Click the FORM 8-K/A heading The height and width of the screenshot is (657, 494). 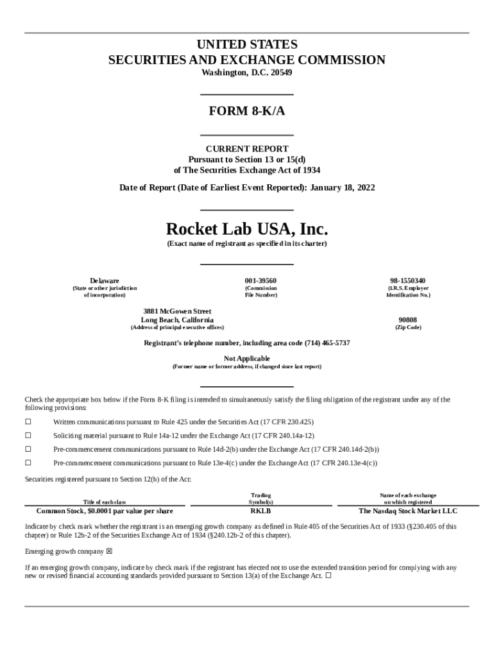247,111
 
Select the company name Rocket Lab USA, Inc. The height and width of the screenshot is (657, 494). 247,229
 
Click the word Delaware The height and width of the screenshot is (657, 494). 105,281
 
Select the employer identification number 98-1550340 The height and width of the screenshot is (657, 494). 407,281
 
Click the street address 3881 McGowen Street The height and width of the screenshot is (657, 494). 177,311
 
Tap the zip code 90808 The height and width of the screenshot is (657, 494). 407,320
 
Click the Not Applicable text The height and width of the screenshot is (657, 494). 247,358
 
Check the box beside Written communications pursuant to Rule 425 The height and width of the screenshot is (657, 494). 28,422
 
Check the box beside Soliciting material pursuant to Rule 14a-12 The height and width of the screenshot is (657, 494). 28,436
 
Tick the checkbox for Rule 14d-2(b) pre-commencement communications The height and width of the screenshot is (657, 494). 28,449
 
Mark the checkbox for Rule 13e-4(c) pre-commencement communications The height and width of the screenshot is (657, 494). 28,463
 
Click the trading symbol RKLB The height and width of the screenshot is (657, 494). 260,511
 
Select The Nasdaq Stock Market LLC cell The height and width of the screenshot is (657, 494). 407,511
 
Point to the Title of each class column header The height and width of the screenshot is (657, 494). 105,502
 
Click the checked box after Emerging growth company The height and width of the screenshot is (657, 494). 109,551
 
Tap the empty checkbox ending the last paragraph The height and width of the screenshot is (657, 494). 328,576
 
